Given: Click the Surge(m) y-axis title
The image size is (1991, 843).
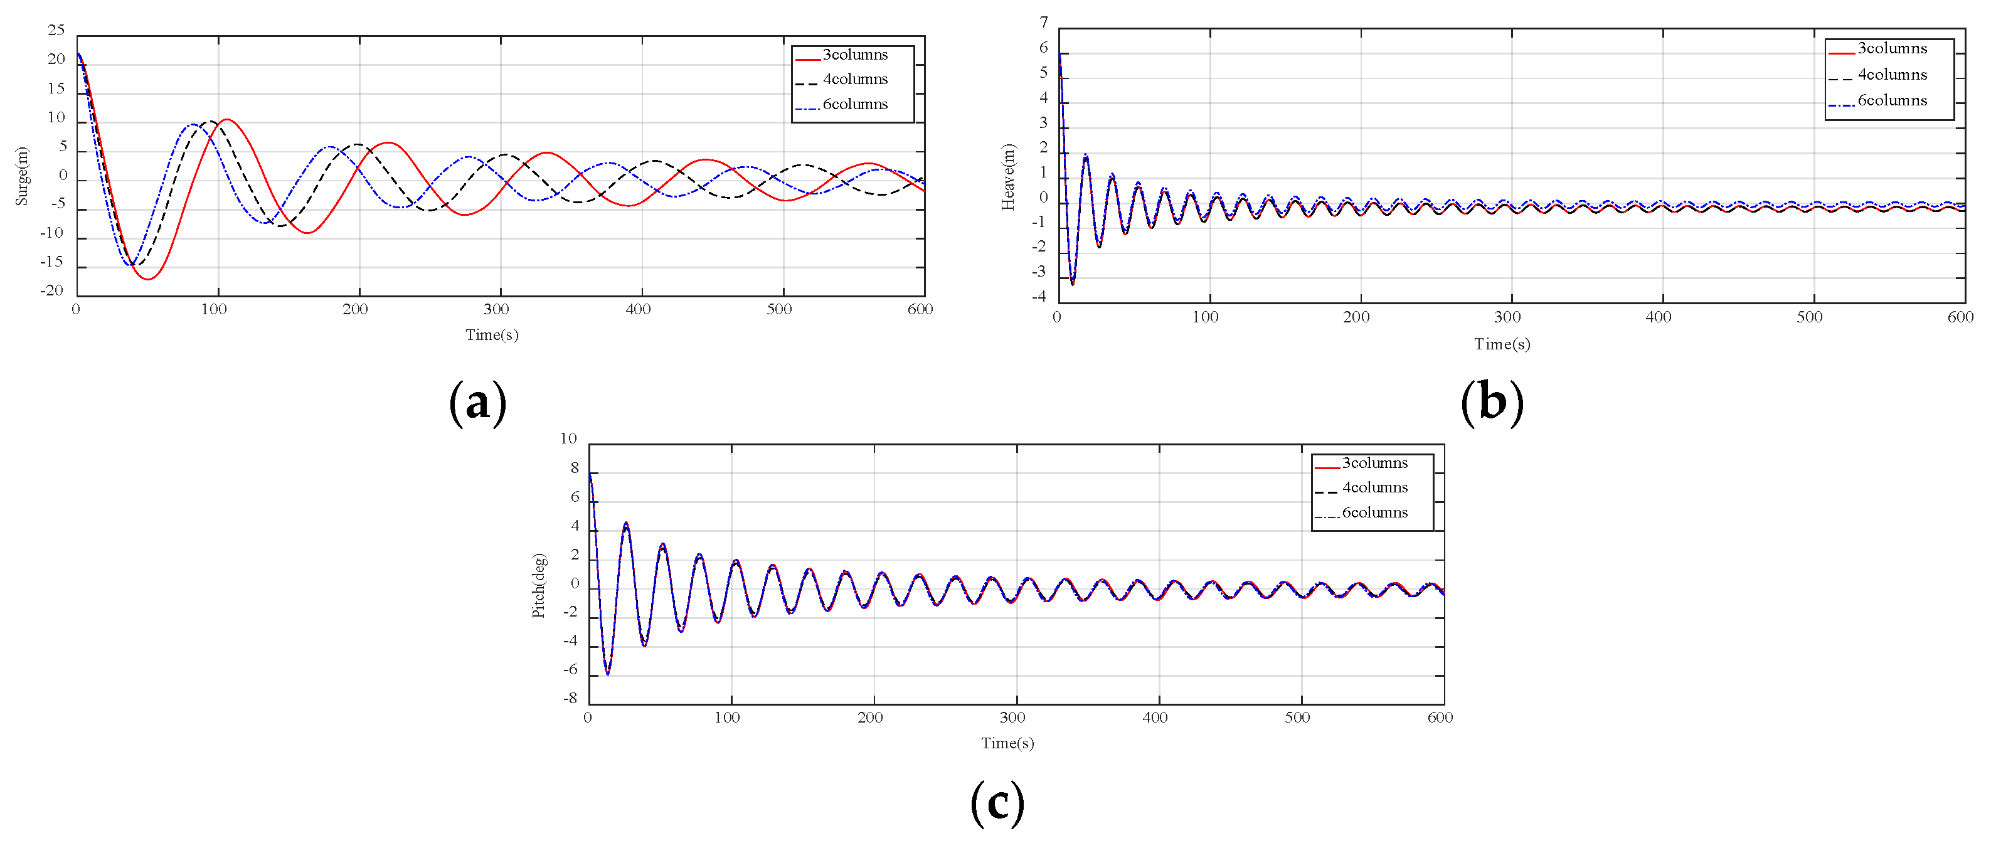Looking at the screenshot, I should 21,176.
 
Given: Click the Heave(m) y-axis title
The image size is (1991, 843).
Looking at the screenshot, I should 1008,177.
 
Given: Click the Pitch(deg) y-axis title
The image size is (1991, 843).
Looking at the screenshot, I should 539,586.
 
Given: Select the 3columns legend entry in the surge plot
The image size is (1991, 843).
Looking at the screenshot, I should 854,55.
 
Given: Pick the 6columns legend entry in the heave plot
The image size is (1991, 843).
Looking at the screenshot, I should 1891,100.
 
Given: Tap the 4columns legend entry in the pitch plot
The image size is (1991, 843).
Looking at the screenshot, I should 1374,487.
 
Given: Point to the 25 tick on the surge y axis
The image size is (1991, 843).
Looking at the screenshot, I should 56,30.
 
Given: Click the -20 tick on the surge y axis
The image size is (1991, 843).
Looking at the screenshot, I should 53,290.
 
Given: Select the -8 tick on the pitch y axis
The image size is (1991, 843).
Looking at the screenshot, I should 570,699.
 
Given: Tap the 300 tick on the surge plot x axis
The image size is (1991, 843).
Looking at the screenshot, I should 496,309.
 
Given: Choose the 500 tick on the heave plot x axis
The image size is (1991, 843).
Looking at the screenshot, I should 1808,317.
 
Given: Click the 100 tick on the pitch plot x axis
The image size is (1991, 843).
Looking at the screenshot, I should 726,717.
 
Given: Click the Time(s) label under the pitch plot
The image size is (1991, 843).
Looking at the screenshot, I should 1007,743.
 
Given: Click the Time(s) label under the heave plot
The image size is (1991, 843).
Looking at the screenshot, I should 1502,344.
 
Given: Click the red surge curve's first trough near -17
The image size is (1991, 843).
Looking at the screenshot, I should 147,278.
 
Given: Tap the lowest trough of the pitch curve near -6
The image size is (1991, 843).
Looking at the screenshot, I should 607,674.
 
